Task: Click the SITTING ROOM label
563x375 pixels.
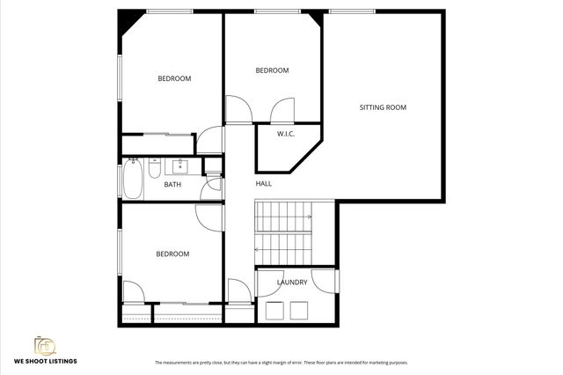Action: point(383,107)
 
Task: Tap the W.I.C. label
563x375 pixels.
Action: point(286,135)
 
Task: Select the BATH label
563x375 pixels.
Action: point(172,184)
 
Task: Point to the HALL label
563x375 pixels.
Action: point(264,184)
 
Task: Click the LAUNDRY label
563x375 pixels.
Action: point(292,283)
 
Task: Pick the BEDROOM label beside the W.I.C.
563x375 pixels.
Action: point(272,70)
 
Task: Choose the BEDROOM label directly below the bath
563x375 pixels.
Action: point(172,254)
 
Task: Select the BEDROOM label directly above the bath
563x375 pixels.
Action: point(174,78)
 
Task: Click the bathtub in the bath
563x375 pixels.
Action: point(132,178)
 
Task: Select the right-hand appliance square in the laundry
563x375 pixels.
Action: point(299,310)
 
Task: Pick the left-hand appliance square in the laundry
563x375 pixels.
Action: point(273,310)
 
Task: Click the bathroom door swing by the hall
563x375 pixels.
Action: point(212,189)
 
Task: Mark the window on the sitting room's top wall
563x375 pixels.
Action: point(355,11)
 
